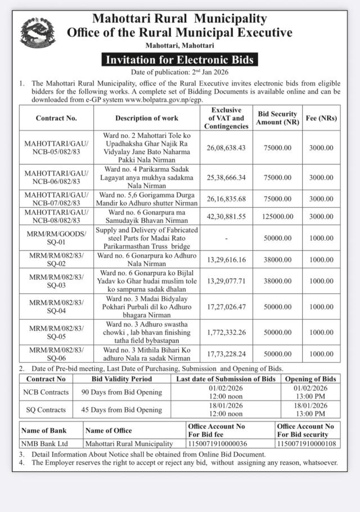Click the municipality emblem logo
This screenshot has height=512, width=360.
pos(38,32)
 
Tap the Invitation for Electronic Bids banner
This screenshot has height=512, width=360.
pos(179,60)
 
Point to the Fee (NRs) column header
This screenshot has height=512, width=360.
pos(321,118)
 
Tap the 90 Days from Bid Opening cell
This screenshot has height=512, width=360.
pos(121,392)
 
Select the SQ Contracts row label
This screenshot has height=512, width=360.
pos(44,410)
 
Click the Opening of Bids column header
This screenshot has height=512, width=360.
pos(310,379)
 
